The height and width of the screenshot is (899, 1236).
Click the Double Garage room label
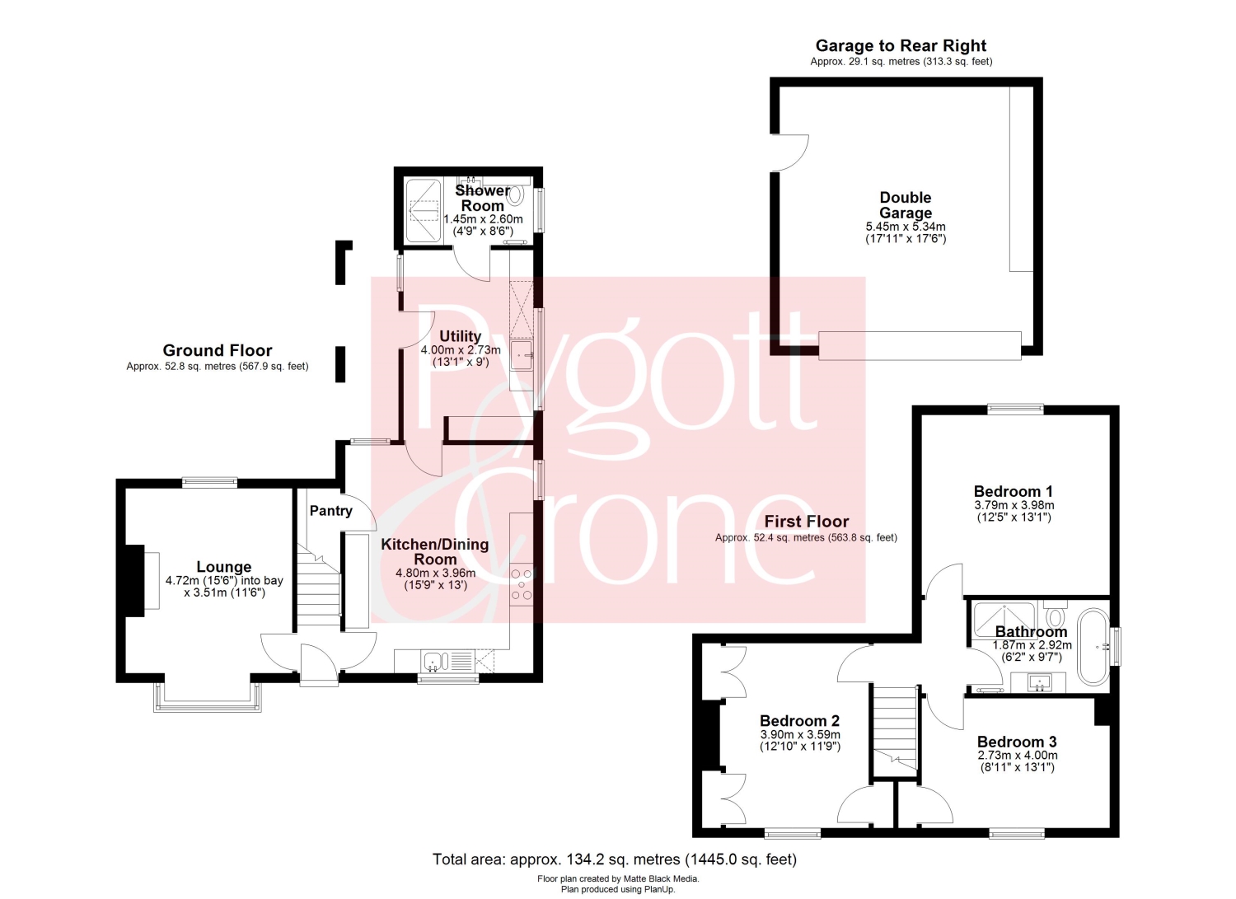[905, 205]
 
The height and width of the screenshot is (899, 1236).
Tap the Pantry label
[330, 511]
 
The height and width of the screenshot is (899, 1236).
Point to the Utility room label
[460, 336]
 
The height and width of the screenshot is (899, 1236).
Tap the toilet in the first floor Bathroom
[1055, 613]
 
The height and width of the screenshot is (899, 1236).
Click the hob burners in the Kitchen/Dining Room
[522, 584]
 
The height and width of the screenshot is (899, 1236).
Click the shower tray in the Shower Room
[424, 210]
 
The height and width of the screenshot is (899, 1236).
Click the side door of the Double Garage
[791, 153]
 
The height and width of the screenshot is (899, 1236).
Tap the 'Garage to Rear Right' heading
[901, 45]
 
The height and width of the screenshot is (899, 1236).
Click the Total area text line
[614, 859]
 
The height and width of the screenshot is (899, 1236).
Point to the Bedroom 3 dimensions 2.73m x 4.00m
[1018, 756]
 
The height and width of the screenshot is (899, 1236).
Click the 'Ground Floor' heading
[218, 350]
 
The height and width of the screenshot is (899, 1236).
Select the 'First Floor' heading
[806, 522]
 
